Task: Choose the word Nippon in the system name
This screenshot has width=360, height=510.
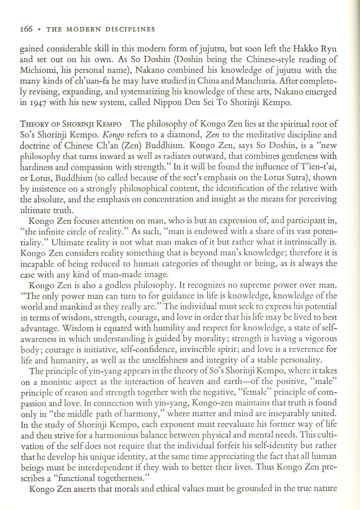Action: click(x=167, y=102)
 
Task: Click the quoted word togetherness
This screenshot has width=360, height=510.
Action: click(x=116, y=478)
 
